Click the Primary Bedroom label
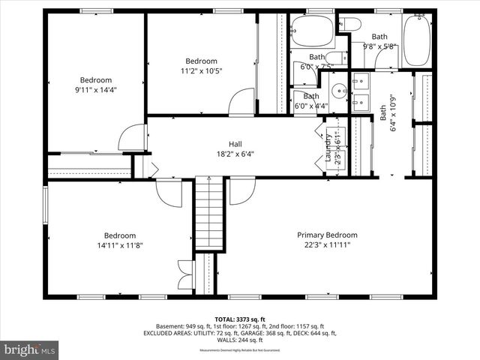click(x=327, y=235)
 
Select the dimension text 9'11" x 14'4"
click(x=96, y=90)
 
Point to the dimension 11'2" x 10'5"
click(x=201, y=71)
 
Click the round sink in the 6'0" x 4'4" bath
click(x=339, y=95)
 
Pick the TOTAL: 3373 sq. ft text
click(x=240, y=319)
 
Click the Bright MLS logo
click(x=30, y=349)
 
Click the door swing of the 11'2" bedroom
click(x=243, y=102)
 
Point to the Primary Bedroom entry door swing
click(x=241, y=191)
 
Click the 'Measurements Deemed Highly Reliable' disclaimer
click(x=239, y=350)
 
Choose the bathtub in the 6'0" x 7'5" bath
click(x=312, y=31)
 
